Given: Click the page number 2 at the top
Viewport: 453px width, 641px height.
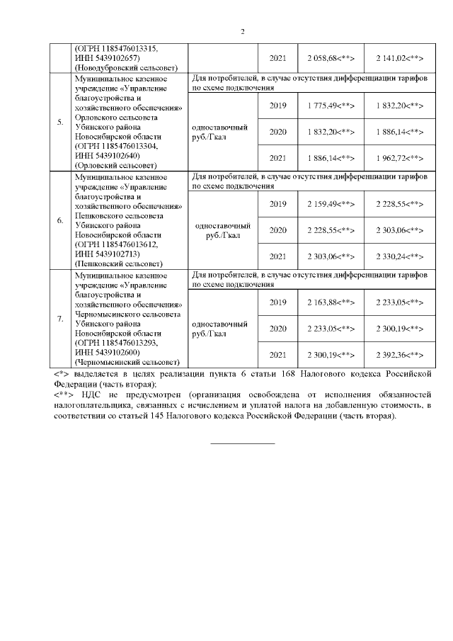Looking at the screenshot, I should [242, 32].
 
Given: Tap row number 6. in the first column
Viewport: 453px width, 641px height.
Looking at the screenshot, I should [60, 220].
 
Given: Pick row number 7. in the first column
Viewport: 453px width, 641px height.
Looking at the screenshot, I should [60, 318].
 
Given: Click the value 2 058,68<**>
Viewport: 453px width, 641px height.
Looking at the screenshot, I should [331, 57].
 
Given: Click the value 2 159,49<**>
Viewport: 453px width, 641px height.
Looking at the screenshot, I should [331, 204].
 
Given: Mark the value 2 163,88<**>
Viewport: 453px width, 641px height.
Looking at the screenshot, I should [331, 303].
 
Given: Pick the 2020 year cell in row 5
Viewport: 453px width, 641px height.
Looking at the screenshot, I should [278, 131].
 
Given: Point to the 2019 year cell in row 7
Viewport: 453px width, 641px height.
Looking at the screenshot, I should [278, 303].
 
